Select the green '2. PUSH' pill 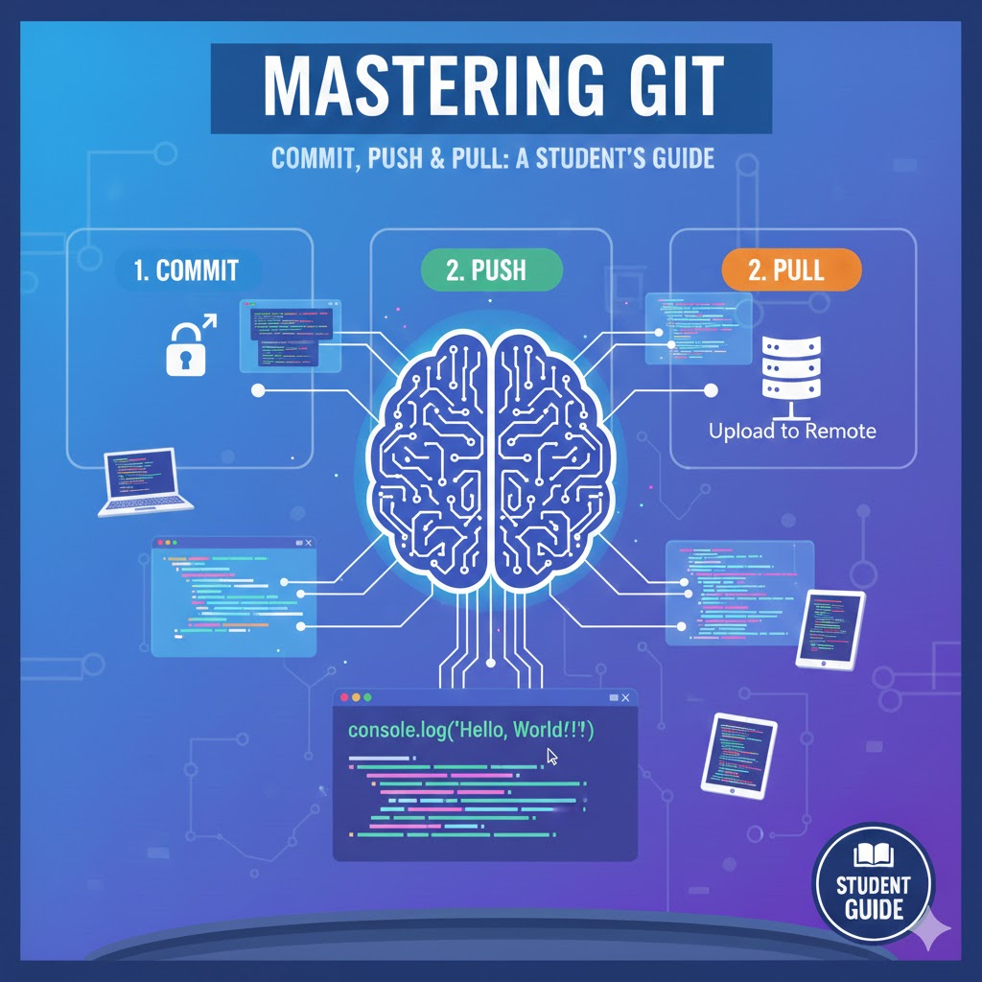click(491, 269)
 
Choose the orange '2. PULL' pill click(785, 269)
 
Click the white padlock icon click(187, 351)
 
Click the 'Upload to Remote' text click(792, 431)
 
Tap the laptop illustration click(144, 481)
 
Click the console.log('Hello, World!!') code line click(471, 730)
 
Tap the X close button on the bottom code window click(625, 698)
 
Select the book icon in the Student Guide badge click(874, 852)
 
